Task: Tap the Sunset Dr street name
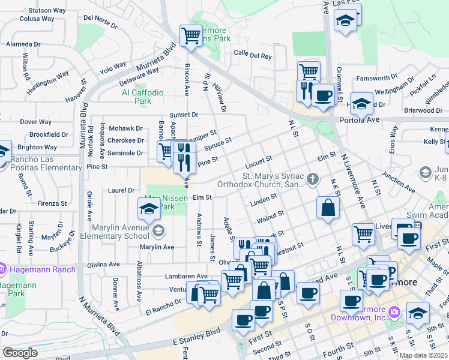tap(184, 115)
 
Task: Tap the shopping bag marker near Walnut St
tap(328, 209)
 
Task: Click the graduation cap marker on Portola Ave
tap(361, 104)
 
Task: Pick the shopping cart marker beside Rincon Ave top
tap(191, 35)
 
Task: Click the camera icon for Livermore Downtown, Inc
tap(394, 311)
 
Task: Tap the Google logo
tap(20, 353)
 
